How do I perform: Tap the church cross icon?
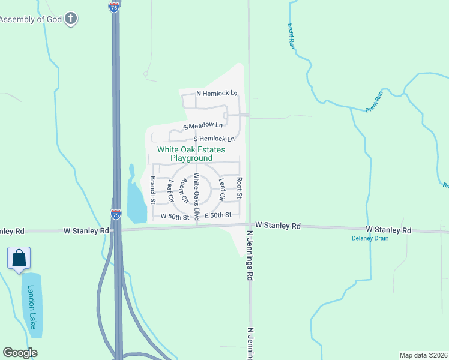pos(71,19)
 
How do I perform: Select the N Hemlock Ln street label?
pos(217,94)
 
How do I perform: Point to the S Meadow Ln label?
pos(203,126)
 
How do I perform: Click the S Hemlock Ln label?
pos(214,139)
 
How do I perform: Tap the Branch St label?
pos(153,189)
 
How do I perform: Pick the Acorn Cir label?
pos(185,190)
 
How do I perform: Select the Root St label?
pos(239,188)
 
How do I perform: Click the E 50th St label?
pos(217,215)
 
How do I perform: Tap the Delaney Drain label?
pos(370,238)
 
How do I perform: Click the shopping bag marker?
pos(19,258)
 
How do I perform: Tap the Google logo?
pos(20,353)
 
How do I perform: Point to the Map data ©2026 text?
pos(423,354)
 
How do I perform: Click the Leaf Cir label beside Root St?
pos(221,189)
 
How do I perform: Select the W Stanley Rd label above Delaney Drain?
pos(389,230)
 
